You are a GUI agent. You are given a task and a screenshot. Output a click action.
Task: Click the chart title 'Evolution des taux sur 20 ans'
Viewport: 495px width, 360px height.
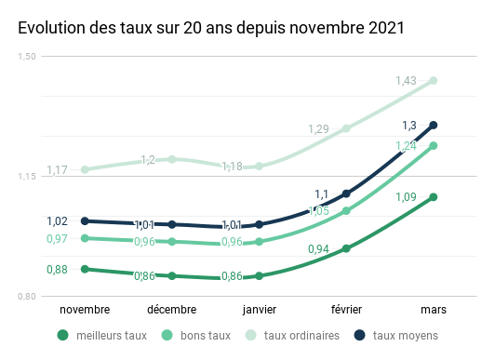211,28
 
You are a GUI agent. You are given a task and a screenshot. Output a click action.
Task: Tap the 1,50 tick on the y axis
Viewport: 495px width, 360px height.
27,57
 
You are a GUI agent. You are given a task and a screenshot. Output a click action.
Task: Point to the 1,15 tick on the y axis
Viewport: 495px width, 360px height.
27,177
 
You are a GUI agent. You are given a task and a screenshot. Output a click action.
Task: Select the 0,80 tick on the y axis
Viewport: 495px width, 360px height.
27,297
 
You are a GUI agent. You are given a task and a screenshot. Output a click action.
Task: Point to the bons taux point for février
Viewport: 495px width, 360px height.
346,211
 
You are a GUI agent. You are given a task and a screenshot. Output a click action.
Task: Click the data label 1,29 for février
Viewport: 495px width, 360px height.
318,129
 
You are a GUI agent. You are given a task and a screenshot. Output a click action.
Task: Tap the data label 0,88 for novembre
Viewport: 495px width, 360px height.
56,270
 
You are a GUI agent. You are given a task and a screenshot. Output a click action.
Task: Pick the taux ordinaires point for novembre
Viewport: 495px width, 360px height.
85,169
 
